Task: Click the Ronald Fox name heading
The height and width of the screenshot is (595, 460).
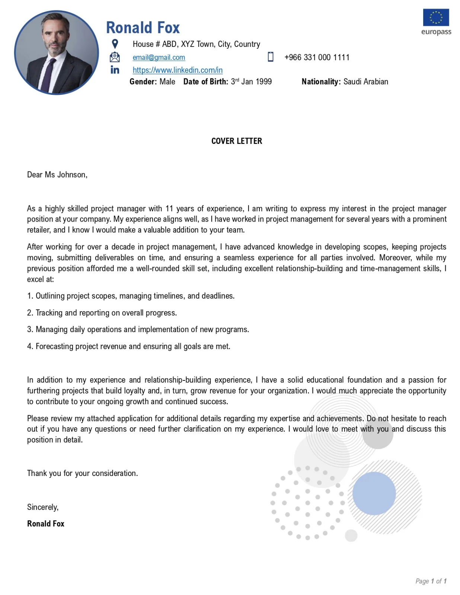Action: [143, 28]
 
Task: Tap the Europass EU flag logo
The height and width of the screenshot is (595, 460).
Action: [436, 17]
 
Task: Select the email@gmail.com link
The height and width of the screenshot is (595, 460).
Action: [159, 57]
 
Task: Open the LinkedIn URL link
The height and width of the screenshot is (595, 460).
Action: [178, 70]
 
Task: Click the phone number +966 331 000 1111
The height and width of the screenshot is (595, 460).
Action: [317, 57]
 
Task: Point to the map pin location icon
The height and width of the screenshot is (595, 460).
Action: [115, 44]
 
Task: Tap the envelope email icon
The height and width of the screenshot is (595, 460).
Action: [115, 57]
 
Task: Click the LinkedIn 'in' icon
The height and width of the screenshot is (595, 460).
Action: [115, 70]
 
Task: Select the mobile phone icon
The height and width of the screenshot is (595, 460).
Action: [271, 57]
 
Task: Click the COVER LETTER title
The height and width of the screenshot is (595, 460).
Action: [237, 141]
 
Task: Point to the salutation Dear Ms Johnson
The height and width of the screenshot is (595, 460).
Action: [57, 175]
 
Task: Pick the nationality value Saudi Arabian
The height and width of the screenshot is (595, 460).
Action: [365, 82]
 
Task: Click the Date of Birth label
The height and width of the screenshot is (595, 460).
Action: [205, 82]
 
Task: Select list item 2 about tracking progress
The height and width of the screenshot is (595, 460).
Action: [102, 313]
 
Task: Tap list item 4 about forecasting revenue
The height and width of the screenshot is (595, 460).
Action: [129, 347]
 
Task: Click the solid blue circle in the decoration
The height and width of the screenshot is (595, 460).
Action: [374, 493]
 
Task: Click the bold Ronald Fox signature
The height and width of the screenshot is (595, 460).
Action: [46, 524]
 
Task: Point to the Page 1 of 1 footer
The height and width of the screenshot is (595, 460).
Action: [431, 581]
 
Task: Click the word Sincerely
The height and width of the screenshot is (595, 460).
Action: [43, 507]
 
